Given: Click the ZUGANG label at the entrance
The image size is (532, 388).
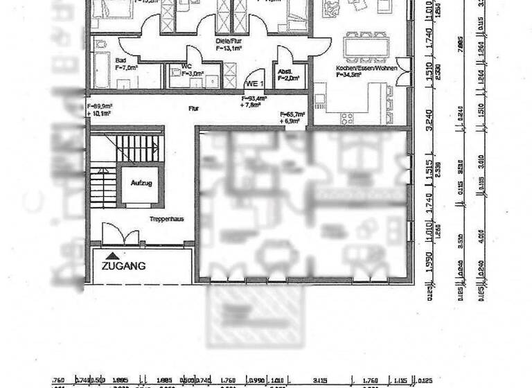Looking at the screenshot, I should (124, 265).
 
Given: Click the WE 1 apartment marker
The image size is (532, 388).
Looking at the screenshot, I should (255, 82).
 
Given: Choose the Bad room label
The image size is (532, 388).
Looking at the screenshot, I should (121, 60).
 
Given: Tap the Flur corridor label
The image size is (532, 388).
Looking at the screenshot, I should (193, 109).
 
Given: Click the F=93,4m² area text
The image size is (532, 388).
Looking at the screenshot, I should (254, 99).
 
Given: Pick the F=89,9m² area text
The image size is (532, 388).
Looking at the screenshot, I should (100, 106).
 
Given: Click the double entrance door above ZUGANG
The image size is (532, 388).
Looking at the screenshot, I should (114, 233).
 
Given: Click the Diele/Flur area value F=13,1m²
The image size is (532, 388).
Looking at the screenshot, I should (228, 48).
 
